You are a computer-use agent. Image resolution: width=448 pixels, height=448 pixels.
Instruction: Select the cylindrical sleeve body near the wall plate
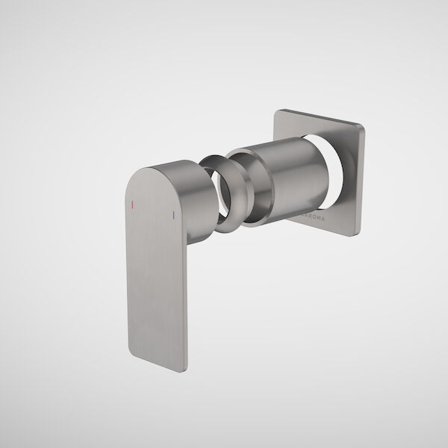coord(291,175)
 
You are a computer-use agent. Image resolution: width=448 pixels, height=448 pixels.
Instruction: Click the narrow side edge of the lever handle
coord(182,299)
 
